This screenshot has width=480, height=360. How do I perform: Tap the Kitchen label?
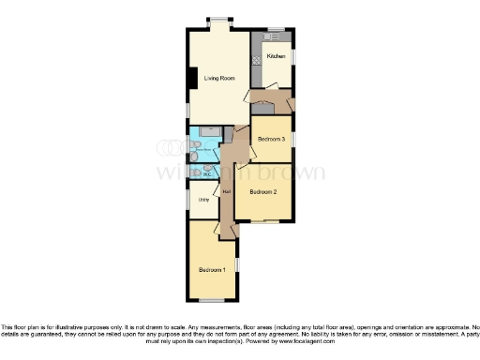click(276, 57)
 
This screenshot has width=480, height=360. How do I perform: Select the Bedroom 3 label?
click(271, 139)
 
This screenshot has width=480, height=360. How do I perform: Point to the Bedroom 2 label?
click(263, 193)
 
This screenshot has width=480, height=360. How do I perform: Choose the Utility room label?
click(203, 199)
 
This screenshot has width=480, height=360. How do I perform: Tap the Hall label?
click(226, 193)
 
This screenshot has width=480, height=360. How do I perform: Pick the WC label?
click(206, 172)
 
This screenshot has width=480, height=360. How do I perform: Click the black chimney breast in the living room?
click(191, 79)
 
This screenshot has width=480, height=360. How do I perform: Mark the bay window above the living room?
click(222, 22)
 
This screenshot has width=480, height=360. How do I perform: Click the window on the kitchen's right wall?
click(292, 58)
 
